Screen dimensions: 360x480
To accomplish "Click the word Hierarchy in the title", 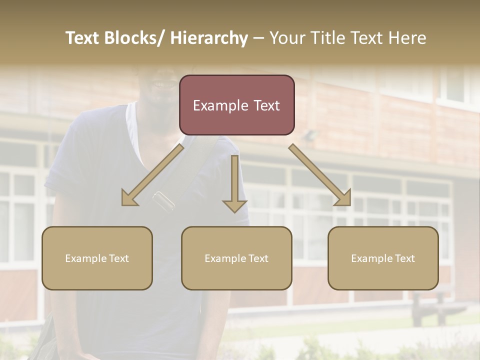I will point(209,38).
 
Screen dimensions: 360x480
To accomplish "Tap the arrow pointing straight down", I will point(234,185).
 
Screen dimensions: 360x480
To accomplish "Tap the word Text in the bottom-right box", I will point(403,258).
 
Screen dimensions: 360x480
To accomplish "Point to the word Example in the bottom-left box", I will point(86,258).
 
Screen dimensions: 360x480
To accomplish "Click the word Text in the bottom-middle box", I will point(257,258).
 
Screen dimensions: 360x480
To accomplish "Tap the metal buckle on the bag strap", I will point(164,200).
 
